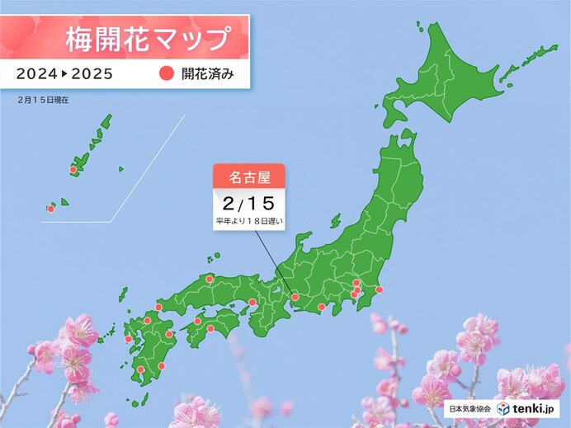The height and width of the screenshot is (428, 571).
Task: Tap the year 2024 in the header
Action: (38, 73)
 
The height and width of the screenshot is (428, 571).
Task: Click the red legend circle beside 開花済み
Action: (163, 73)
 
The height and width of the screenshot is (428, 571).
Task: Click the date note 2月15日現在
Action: (41, 99)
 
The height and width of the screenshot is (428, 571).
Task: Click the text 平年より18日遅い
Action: (249, 222)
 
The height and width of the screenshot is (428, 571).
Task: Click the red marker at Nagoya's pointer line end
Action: (295, 297)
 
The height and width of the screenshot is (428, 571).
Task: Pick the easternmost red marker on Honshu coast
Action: (379, 289)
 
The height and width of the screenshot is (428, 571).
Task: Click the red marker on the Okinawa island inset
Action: (73, 170)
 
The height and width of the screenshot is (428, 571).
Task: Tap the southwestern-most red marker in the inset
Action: (50, 209)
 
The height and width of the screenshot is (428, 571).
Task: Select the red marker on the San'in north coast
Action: (210, 279)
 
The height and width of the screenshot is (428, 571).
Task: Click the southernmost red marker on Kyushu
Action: (141, 369)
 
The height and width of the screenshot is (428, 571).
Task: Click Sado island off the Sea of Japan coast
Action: (336, 221)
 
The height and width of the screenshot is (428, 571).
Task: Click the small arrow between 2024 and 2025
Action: (64, 73)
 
